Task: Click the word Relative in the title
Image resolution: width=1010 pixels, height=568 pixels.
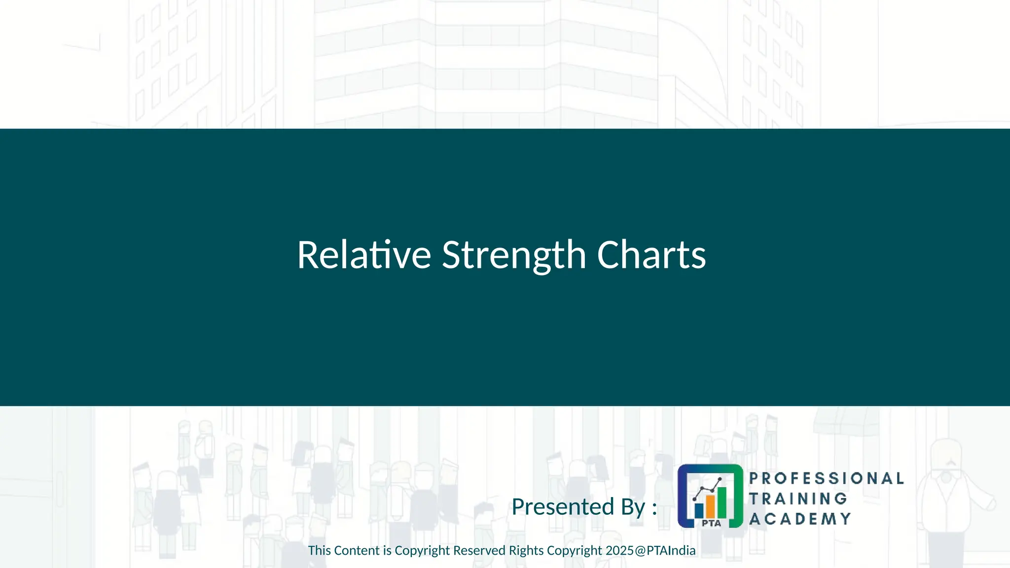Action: [364, 255]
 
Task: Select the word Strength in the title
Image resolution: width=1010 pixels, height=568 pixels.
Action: [513, 255]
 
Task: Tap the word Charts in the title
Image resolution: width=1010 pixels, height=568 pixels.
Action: [651, 255]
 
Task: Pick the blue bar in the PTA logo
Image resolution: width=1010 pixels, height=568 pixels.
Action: [699, 510]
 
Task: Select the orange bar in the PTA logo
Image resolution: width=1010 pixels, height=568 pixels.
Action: [710, 506]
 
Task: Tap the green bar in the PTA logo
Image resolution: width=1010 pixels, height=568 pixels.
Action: [721, 501]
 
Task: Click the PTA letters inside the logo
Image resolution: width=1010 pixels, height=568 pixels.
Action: [711, 523]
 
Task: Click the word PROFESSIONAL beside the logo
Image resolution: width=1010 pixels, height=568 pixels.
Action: [827, 478]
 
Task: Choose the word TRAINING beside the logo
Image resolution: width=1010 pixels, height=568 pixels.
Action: [798, 498]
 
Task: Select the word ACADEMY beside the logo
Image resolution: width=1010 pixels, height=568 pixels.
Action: [800, 519]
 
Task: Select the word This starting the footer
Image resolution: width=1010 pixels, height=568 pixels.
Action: [319, 550]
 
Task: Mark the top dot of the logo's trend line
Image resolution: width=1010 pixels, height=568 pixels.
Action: [721, 479]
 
